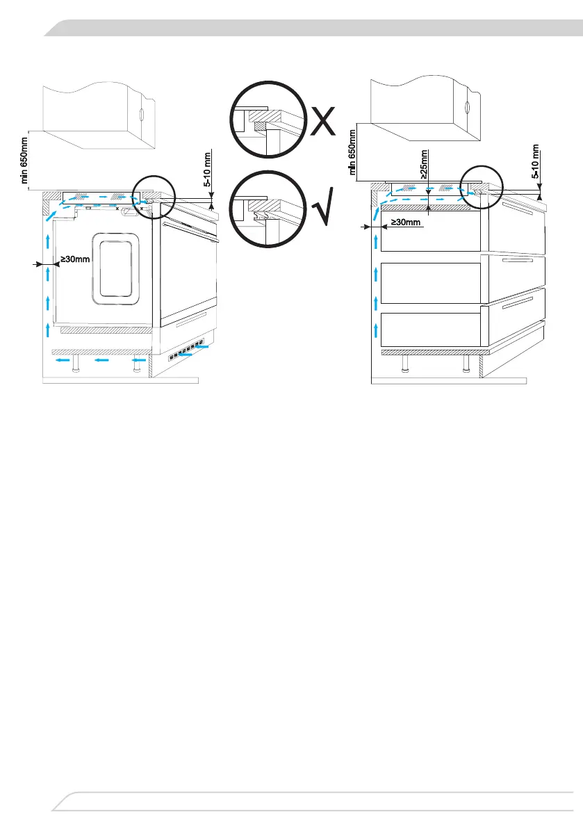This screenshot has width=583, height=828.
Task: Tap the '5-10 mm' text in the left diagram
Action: pyautogui.click(x=206, y=168)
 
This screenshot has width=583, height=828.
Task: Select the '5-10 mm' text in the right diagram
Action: pyautogui.click(x=536, y=162)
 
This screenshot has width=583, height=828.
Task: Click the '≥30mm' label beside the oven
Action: pyautogui.click(x=72, y=260)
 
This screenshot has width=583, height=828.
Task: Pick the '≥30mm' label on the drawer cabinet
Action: pyautogui.click(x=404, y=222)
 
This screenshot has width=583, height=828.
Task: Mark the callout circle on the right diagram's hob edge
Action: pyautogui.click(x=480, y=184)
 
